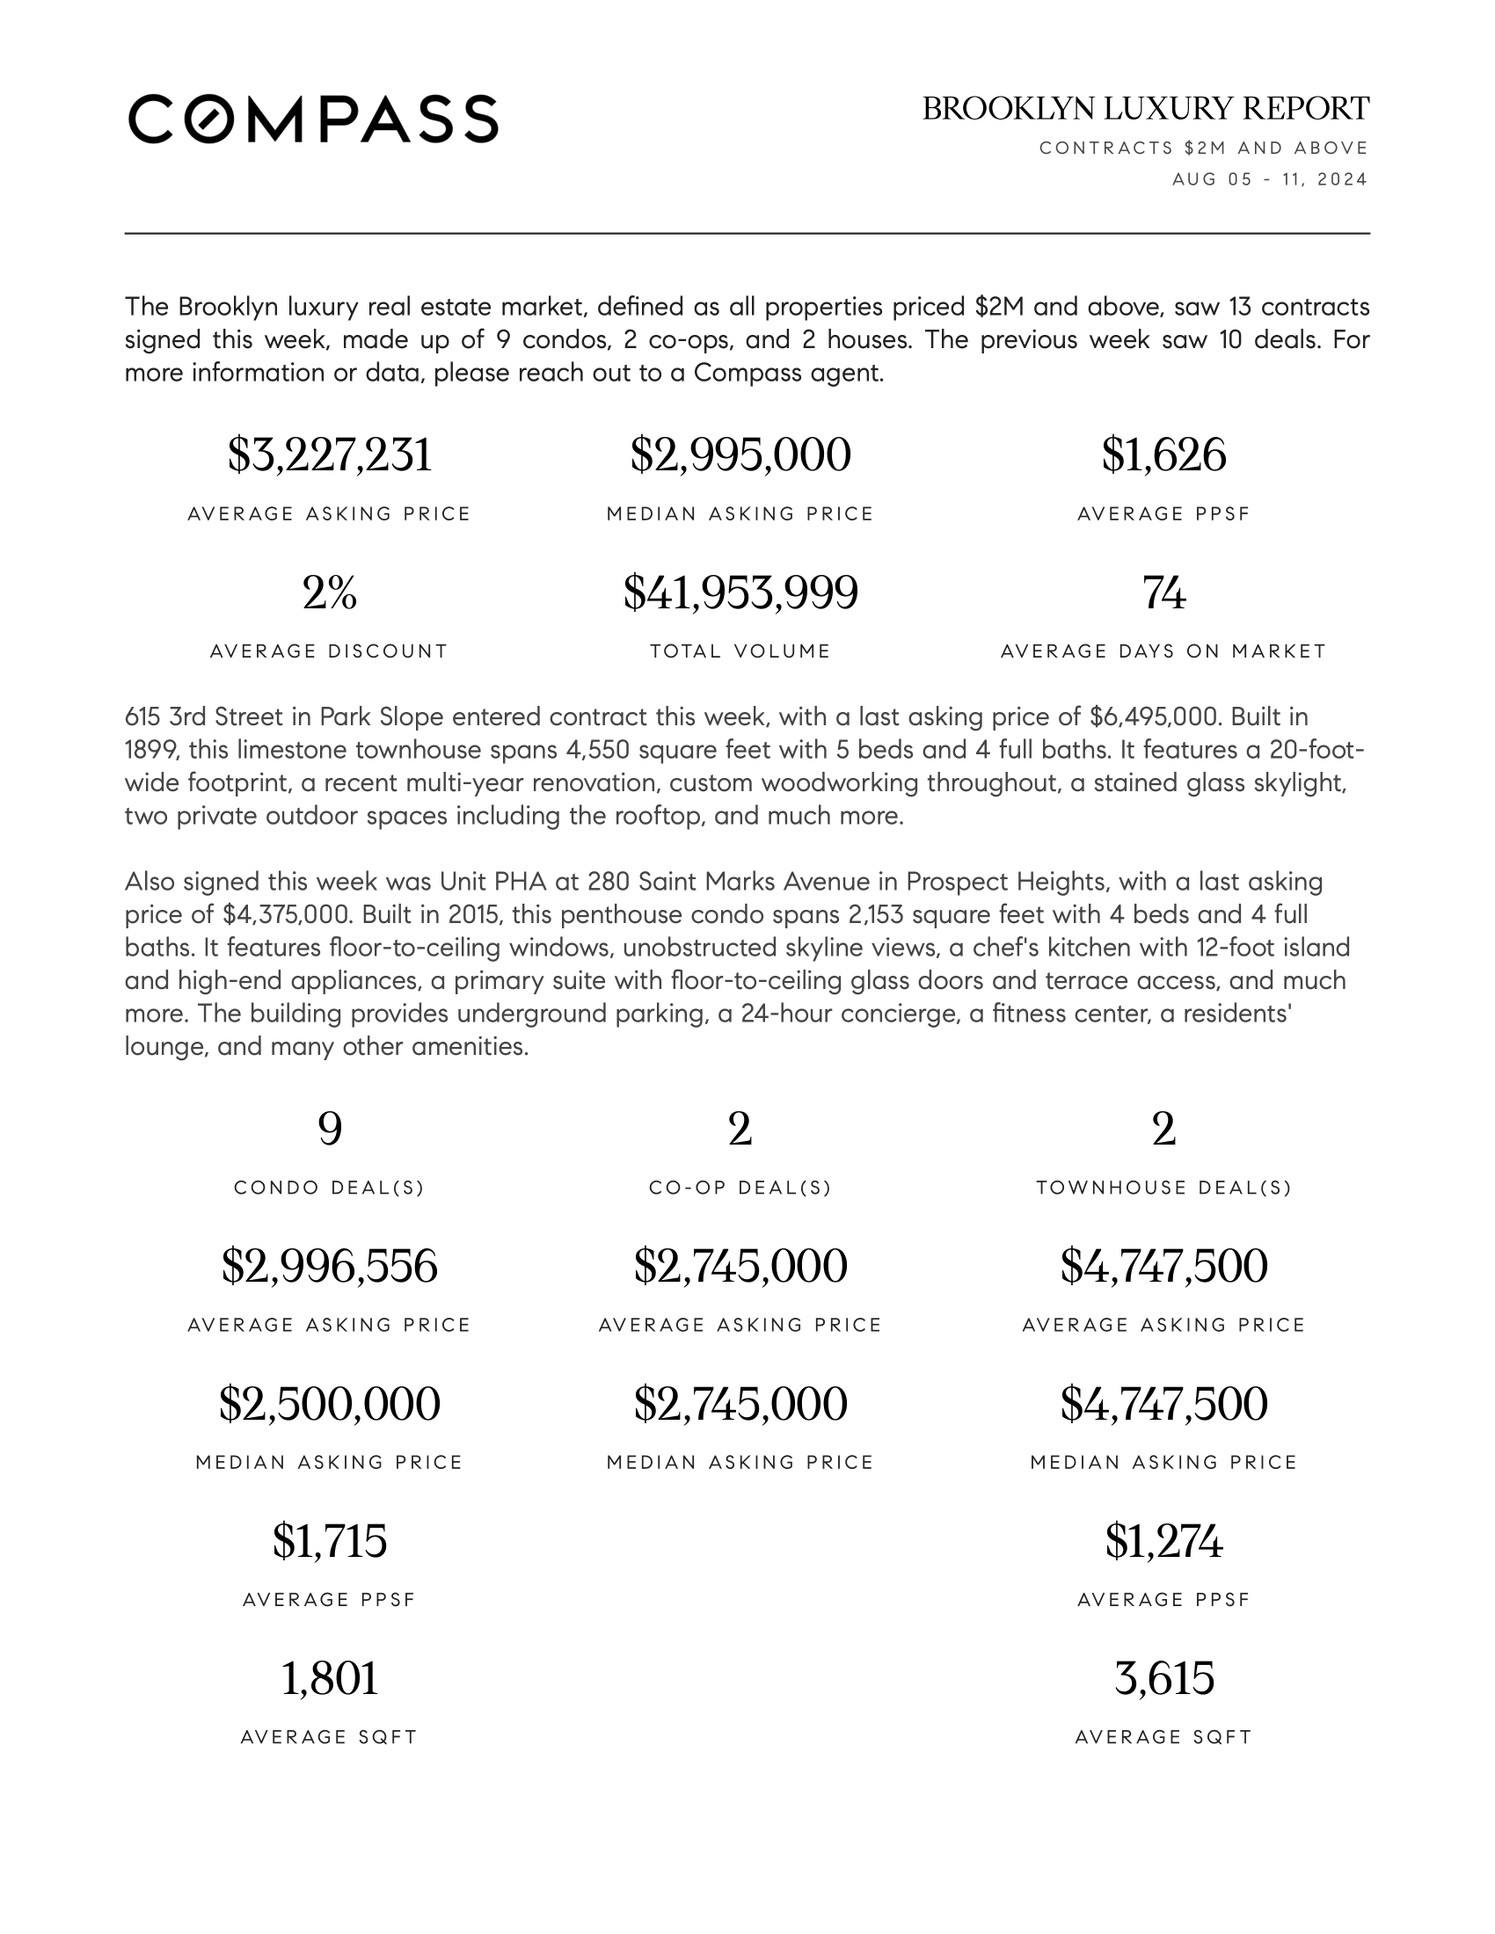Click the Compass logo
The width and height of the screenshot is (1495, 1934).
(x=314, y=119)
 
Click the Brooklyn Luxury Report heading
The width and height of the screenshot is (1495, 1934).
(x=1145, y=109)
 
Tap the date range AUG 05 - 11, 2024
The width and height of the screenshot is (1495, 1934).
(x=1270, y=179)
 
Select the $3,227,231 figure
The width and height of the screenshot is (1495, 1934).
(x=330, y=455)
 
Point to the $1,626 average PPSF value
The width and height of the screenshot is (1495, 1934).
(x=1163, y=455)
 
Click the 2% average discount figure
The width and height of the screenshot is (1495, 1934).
(x=330, y=593)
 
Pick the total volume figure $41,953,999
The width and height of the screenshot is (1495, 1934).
(x=740, y=593)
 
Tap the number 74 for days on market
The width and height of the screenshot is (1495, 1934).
(x=1163, y=593)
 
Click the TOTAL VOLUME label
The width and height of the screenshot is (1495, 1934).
(x=740, y=651)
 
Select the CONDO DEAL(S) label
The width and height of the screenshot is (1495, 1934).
(x=330, y=1188)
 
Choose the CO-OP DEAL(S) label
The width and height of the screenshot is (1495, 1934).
(x=740, y=1188)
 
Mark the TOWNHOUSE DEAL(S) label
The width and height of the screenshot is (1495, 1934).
(x=1163, y=1188)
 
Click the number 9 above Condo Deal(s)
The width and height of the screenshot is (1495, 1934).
(x=330, y=1129)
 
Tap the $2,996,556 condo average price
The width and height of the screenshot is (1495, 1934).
(x=330, y=1266)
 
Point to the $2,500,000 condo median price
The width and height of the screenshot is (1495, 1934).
(x=330, y=1404)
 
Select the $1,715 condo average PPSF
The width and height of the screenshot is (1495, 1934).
(x=330, y=1541)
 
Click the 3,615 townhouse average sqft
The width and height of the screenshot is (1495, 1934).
(x=1163, y=1678)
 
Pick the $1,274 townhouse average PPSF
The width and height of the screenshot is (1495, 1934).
(x=1163, y=1541)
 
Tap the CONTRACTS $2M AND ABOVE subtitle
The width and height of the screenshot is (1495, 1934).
(x=1204, y=148)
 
